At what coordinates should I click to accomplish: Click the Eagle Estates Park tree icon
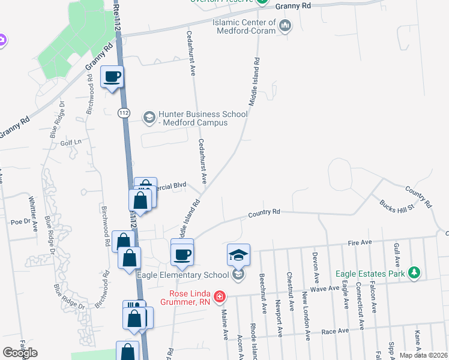[414, 273]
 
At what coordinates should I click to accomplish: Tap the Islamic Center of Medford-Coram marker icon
[285, 25]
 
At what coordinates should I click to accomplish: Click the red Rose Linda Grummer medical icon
[220, 295]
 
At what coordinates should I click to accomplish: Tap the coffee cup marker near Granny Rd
[112, 77]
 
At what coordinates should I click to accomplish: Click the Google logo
[20, 353]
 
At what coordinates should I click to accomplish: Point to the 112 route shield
[124, 113]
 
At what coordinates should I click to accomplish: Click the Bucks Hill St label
[393, 207]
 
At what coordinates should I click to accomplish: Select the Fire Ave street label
[361, 242]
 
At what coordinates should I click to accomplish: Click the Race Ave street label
[335, 331]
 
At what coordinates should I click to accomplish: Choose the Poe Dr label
[20, 221]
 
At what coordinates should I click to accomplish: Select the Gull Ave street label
[396, 255]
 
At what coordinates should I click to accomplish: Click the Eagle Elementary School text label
[184, 275]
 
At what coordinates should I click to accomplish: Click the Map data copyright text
[423, 355]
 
